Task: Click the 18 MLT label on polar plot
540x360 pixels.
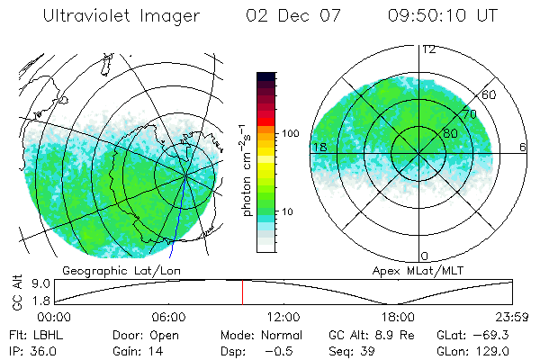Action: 319,147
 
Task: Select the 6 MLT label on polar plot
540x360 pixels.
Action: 523,147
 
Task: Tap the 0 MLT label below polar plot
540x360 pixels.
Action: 425,256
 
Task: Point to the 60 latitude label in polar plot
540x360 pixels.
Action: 490,94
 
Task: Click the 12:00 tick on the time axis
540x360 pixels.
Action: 283,317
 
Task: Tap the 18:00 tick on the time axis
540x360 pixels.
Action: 398,317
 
